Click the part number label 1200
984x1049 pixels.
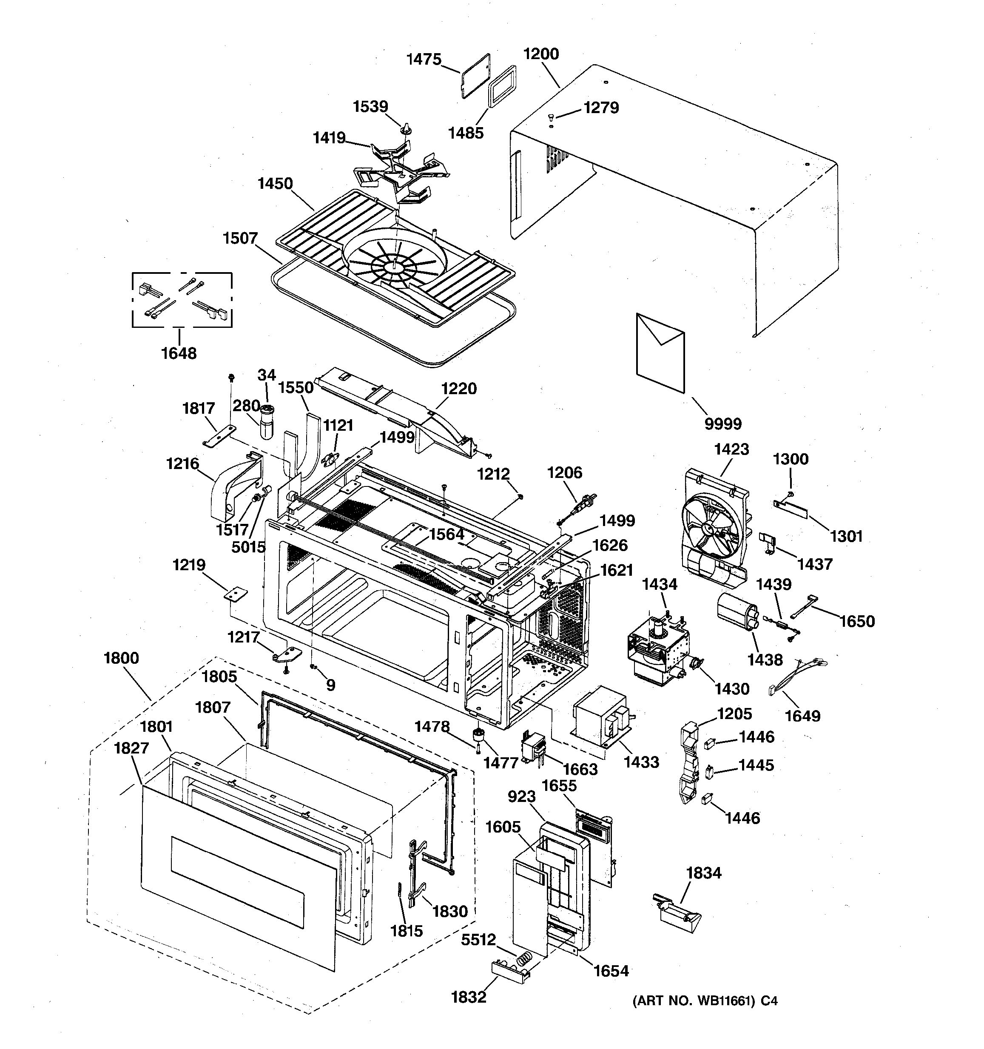click(541, 54)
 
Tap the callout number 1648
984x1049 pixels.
click(179, 353)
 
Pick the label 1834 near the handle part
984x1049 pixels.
click(703, 873)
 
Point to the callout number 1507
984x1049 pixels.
click(240, 238)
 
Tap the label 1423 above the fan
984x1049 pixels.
click(731, 449)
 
